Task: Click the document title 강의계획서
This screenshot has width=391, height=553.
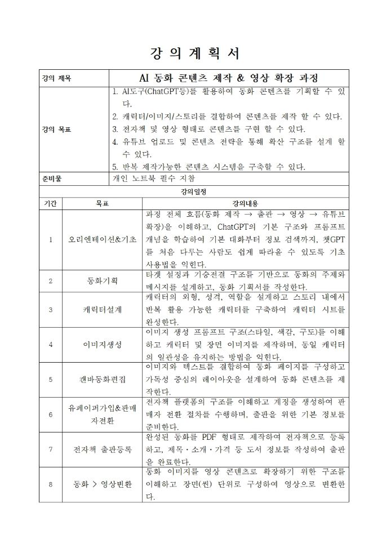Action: [x=195, y=53]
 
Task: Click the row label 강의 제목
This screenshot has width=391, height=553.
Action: [x=55, y=78]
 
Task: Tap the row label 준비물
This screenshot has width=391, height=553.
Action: [x=51, y=179]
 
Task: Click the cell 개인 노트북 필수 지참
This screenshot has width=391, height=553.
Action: [x=154, y=179]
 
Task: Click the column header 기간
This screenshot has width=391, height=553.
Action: [x=50, y=203]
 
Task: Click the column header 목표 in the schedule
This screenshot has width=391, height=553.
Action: [x=102, y=203]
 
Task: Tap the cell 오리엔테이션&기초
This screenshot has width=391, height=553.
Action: [x=102, y=239]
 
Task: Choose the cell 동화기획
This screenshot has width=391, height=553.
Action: [x=102, y=280]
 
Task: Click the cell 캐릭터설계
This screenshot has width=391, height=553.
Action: [x=102, y=309]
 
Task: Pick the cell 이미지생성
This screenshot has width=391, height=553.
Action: [x=102, y=344]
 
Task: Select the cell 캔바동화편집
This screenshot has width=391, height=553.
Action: [x=102, y=379]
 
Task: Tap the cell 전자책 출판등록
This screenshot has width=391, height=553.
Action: [x=102, y=449]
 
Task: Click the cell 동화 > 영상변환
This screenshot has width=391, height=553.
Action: [x=102, y=484]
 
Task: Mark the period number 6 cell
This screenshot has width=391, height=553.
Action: [x=51, y=414]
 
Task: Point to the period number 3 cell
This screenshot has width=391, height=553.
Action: [x=51, y=309]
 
